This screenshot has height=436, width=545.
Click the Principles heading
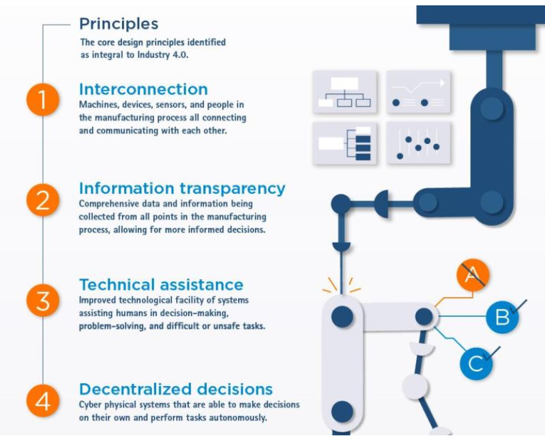[119, 24]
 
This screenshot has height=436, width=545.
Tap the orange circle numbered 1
[43, 99]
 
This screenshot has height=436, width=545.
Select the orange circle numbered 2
[43, 200]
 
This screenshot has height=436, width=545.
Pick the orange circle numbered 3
[43, 301]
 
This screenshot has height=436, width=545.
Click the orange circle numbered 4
[43, 401]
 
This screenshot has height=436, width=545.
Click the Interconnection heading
[143, 89]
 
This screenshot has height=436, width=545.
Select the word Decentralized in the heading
[136, 389]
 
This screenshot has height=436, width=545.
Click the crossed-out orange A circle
[473, 275]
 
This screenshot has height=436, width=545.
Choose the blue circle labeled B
[502, 317]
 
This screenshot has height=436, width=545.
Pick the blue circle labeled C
[476, 363]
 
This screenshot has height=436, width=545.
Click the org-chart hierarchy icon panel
[345, 92]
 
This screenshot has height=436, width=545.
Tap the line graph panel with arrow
[418, 92]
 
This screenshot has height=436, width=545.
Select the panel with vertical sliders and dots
[418, 143]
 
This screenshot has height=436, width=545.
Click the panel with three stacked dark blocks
[345, 143]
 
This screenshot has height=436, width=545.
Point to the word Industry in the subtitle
[153, 55]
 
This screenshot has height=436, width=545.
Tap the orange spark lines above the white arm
[342, 285]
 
